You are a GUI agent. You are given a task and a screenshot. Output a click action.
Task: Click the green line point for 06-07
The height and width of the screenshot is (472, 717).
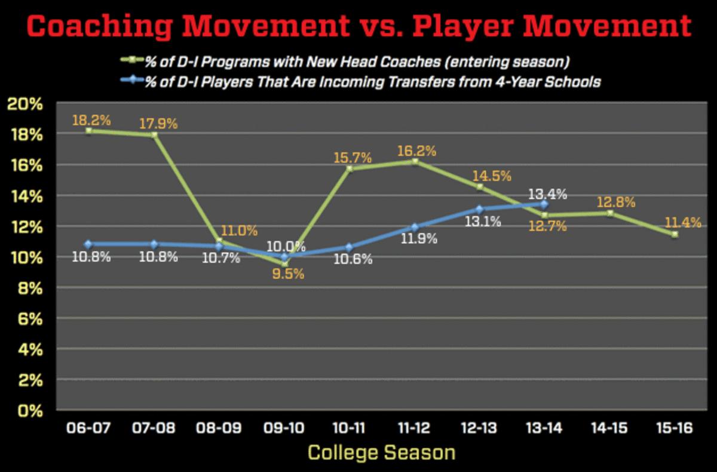88,130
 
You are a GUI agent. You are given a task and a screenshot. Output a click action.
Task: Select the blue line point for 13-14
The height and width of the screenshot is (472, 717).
544,204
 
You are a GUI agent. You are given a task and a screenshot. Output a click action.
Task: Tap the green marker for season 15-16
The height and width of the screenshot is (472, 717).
675,234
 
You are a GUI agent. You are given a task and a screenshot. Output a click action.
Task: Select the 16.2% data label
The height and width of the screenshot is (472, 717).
414,148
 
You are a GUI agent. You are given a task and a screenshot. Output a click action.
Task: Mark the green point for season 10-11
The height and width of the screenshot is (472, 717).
349,168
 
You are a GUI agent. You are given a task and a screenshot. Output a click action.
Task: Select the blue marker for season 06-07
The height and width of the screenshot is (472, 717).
88,244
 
